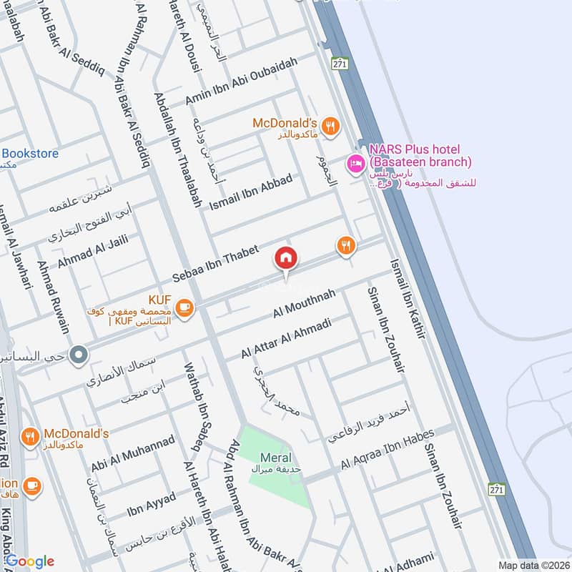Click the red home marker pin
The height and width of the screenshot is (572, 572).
(286, 258)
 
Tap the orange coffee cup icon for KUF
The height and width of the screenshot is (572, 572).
(185, 307)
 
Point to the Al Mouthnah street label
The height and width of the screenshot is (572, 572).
(304, 305)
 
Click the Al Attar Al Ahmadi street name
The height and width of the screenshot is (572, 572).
(285, 339)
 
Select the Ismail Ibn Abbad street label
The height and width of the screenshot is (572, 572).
(250, 192)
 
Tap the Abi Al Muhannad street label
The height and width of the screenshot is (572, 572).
(132, 454)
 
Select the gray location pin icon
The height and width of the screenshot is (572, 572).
(79, 353)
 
